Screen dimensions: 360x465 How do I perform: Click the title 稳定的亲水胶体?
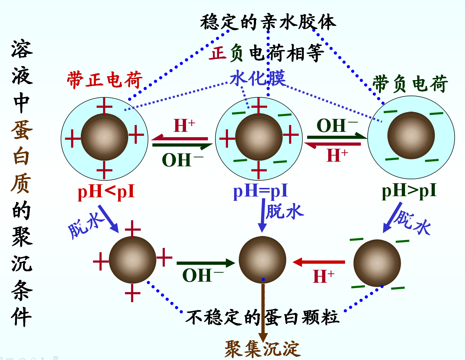pyautogui.click(x=268, y=22)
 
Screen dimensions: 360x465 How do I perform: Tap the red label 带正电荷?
pyautogui.click(x=104, y=80)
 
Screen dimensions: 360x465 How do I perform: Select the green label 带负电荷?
pyautogui.click(x=410, y=84)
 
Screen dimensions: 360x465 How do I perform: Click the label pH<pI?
pyautogui.click(x=106, y=191)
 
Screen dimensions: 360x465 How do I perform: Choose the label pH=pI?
pyautogui.click(x=261, y=191)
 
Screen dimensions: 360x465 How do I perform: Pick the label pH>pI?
pyautogui.click(x=409, y=190)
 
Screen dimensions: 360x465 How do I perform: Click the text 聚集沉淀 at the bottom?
pyautogui.click(x=262, y=349)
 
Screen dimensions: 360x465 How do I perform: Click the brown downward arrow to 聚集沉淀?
pyautogui.click(x=263, y=313)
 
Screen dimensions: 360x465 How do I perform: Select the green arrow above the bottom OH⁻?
pyautogui.click(x=205, y=263)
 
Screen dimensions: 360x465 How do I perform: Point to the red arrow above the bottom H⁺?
pyautogui.click(x=319, y=262)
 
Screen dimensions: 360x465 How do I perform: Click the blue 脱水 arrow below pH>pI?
pyautogui.click(x=392, y=217)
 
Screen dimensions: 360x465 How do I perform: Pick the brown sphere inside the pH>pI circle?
pyautogui.click(x=411, y=135)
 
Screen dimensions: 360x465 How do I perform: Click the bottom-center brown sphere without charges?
pyautogui.click(x=262, y=259)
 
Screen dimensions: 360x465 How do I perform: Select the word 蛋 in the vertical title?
pyautogui.click(x=22, y=130)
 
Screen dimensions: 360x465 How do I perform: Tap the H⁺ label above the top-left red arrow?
pyautogui.click(x=184, y=126)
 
